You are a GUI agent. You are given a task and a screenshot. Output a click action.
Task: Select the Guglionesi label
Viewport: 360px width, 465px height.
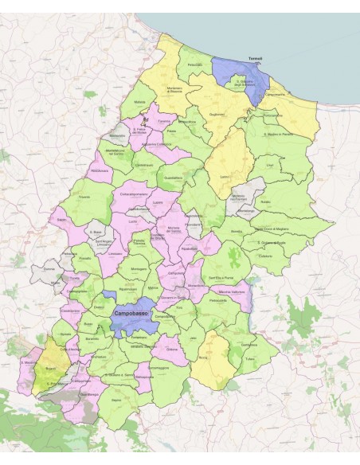(x=217, y=115)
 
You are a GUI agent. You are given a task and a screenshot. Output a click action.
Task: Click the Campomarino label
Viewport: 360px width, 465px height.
(x=274, y=94)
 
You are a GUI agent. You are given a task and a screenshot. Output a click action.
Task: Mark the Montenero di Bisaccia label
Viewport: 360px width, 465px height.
(x=174, y=90)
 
